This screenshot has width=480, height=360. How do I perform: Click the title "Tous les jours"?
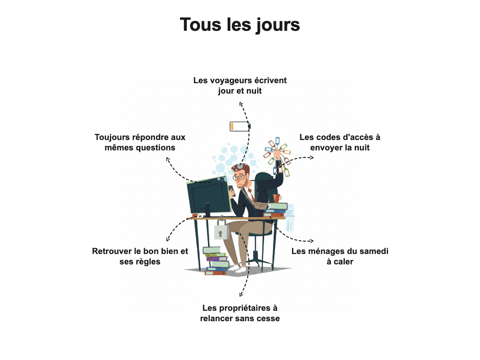pos(240,25)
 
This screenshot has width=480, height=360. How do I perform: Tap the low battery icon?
pos(240,126)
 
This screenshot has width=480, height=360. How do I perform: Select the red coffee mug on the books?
pos(277,198)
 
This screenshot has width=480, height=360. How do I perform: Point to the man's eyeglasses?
pos(239,177)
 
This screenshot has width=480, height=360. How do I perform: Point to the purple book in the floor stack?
pos(217,259)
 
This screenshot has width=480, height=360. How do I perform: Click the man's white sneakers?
pos(237,269)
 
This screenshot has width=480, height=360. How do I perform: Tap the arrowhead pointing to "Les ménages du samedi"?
pos(312,241)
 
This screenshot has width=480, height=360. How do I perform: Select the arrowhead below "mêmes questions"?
pos(168,159)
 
